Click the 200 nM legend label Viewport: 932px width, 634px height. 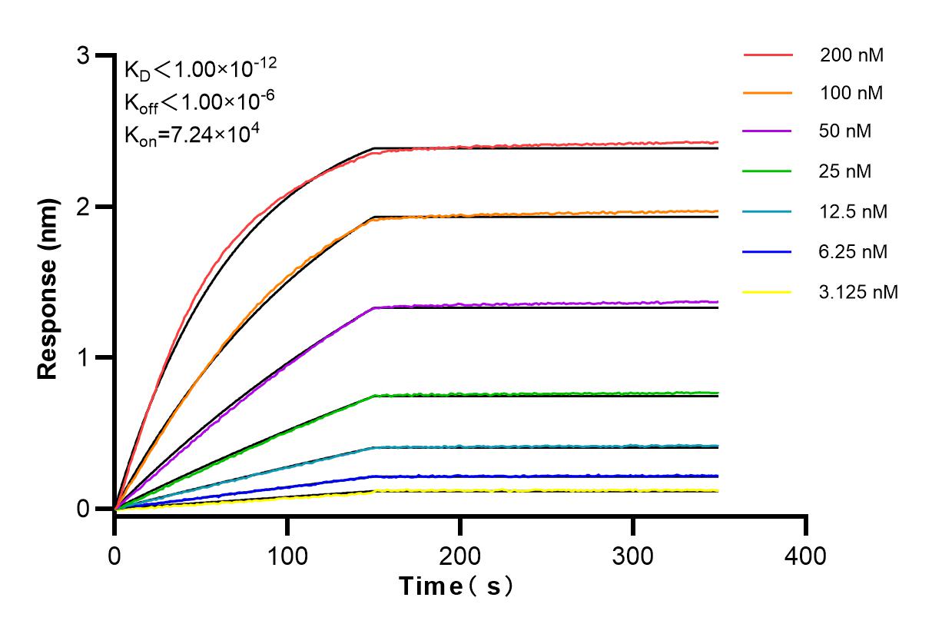[x=851, y=55]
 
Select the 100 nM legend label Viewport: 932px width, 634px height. [x=851, y=93]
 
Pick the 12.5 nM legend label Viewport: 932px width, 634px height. [x=854, y=211]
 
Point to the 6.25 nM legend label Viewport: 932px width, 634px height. [x=854, y=251]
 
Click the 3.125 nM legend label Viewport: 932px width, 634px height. [x=858, y=291]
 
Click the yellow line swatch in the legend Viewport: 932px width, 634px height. [x=768, y=291]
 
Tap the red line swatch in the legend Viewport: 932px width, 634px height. [x=768, y=55]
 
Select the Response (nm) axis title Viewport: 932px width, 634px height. [x=48, y=283]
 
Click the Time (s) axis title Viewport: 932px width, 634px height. [x=456, y=587]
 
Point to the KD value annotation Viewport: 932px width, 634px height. [x=201, y=70]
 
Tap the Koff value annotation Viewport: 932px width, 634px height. [x=199, y=102]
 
